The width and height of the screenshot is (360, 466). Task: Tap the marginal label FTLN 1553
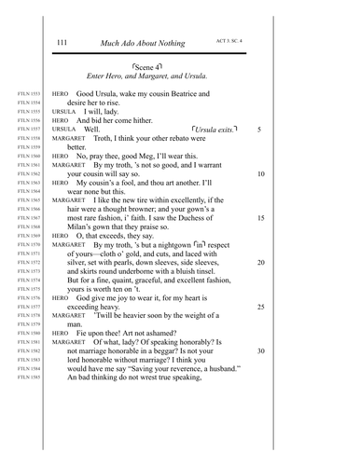[x=29, y=94]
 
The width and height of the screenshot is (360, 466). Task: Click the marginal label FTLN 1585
[x=29, y=377]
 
